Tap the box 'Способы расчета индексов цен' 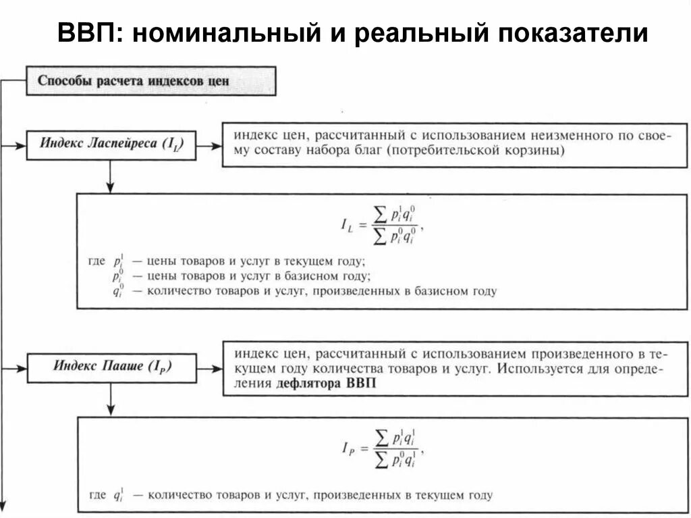point(150,81)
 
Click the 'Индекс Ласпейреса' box point(111,145)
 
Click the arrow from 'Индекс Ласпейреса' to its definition point(209,145)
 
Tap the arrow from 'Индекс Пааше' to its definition point(209,369)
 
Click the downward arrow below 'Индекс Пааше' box point(109,403)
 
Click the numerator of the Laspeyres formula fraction point(395,214)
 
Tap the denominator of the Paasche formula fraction point(395,461)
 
